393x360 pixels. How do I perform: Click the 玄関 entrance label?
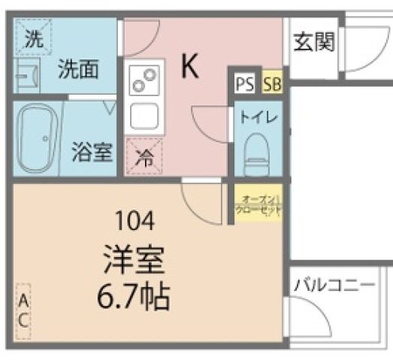pos(313,42)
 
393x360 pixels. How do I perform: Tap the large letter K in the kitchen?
pos(189,68)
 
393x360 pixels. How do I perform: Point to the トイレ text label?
pos(258,116)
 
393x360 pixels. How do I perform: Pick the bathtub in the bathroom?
pos(37,137)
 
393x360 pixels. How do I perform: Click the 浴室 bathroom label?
pos(92,152)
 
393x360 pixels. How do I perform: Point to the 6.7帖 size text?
pos(135,298)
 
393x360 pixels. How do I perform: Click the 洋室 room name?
pos(135,260)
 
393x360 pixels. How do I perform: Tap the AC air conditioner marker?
pos(23,310)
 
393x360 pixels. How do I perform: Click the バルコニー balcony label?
pos(334,286)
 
